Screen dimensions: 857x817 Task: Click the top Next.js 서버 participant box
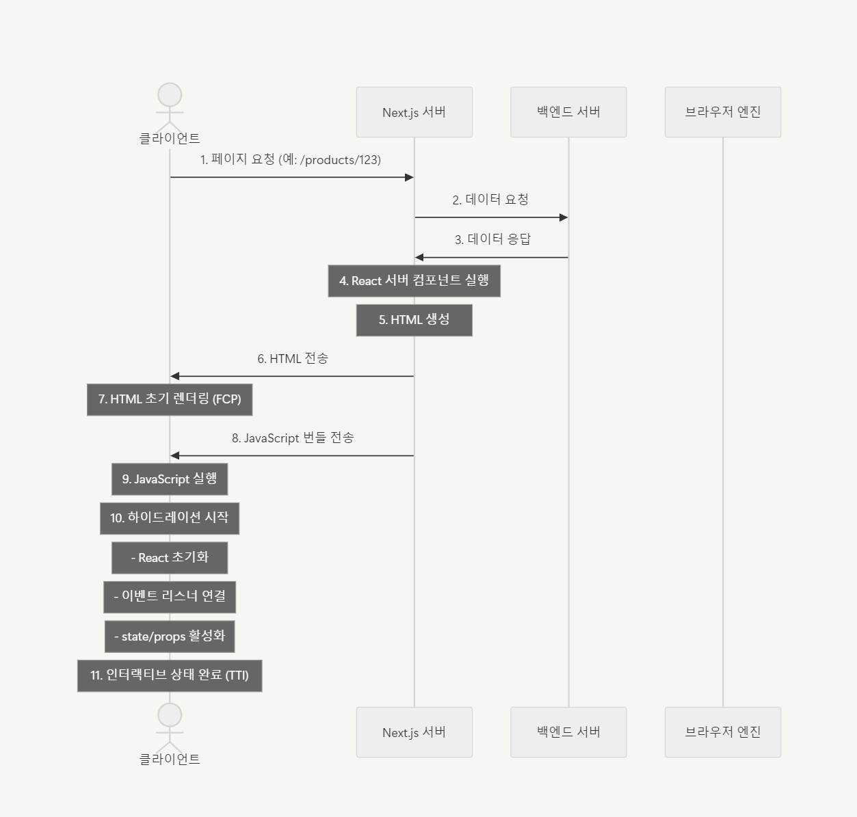click(x=414, y=112)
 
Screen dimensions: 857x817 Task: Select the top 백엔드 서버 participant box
click(x=568, y=112)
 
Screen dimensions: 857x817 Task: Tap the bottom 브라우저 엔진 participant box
click(x=723, y=732)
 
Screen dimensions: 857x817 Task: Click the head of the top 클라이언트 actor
click(x=170, y=94)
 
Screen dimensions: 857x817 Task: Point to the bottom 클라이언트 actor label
click(x=170, y=759)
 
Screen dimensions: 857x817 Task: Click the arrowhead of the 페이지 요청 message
click(x=409, y=177)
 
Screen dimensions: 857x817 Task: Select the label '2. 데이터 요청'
click(x=490, y=200)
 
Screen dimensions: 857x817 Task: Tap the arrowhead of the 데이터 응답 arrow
click(x=419, y=258)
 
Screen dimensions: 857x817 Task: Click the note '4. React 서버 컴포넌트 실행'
click(x=414, y=281)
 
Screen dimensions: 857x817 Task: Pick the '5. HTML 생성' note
click(x=414, y=320)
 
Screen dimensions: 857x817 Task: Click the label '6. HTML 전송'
click(x=293, y=359)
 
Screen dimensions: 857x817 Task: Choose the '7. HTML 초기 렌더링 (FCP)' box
click(x=170, y=399)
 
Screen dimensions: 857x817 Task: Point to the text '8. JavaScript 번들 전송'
click(x=293, y=438)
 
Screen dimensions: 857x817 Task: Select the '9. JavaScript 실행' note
click(x=170, y=479)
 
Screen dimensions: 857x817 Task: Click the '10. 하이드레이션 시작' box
click(x=170, y=518)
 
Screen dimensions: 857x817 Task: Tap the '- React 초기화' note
click(x=170, y=558)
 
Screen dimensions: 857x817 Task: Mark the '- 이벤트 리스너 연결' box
click(x=170, y=597)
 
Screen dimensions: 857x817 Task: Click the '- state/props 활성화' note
click(x=170, y=637)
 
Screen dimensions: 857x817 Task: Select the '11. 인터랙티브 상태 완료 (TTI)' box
click(x=170, y=676)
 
